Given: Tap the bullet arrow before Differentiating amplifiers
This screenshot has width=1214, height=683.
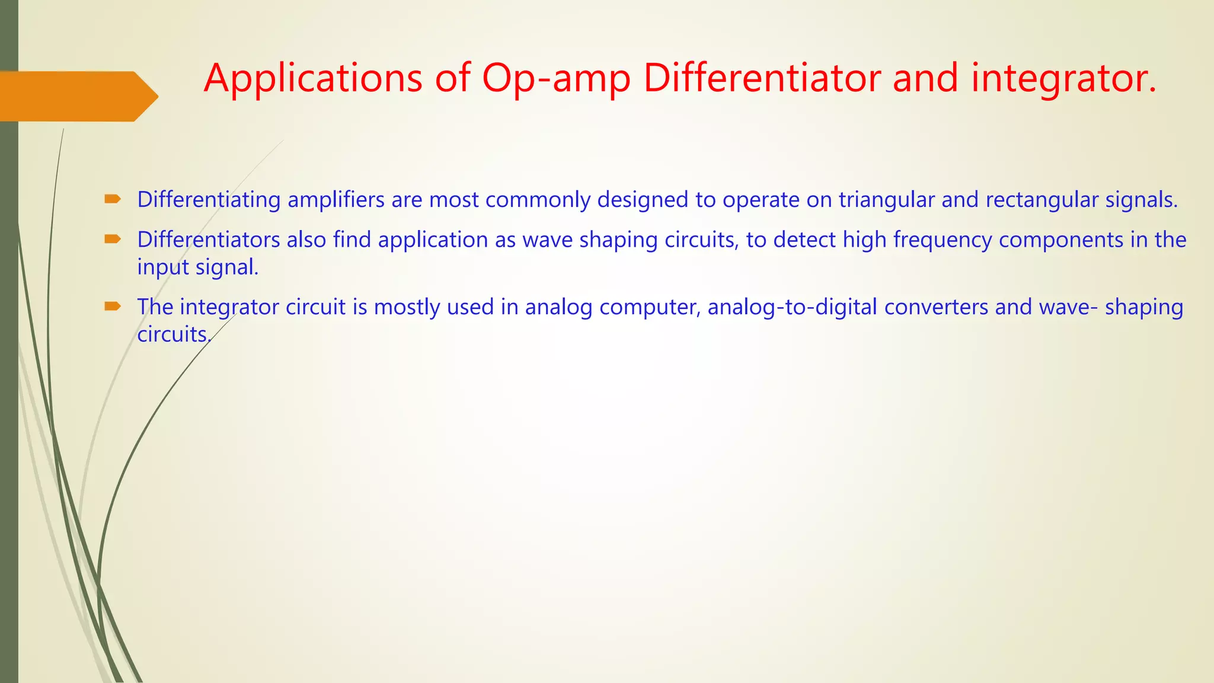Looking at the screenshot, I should tap(113, 199).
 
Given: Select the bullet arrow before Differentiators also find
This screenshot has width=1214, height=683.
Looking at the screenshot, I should tap(113, 240).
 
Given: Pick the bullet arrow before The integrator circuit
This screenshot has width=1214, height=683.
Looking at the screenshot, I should tap(113, 307).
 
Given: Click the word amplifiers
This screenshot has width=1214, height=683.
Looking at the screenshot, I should tap(336, 200).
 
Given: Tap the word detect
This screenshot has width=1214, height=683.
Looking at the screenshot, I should tap(804, 240).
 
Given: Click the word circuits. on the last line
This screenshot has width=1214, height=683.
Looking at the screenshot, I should tap(174, 334).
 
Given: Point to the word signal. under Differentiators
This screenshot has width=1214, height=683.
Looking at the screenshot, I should tap(227, 267).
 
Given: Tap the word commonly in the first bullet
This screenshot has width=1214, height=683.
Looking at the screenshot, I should tap(538, 200).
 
